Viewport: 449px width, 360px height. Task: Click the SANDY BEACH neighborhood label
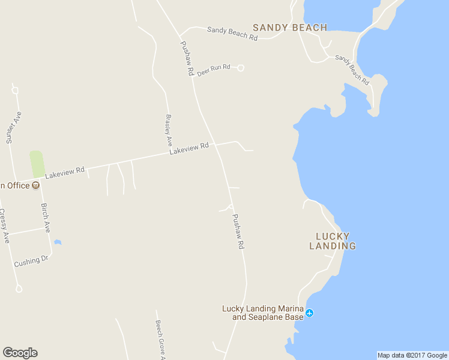pos(290,28)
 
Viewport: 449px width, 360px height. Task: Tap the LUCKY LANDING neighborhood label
pos(332,241)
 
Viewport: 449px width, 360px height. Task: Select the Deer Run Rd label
pos(214,70)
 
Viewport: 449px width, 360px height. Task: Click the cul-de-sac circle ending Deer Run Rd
pos(241,68)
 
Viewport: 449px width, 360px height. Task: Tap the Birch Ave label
pos(46,218)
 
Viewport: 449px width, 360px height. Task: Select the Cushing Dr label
pos(31,262)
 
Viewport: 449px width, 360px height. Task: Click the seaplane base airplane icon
pos(310,313)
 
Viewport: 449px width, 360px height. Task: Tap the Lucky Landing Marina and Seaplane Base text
pos(262,313)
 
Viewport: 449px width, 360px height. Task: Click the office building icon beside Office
pos(36,185)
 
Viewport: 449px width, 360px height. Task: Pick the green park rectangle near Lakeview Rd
pos(37,164)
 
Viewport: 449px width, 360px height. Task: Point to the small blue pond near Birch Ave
pos(58,242)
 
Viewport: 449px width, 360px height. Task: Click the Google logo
pos(20,353)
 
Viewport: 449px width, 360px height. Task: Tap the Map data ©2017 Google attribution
pos(412,355)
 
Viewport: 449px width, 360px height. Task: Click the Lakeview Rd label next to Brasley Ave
pos(188,148)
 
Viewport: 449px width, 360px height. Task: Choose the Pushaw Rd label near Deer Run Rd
pos(187,58)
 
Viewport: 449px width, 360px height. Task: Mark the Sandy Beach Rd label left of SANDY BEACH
pos(232,33)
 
